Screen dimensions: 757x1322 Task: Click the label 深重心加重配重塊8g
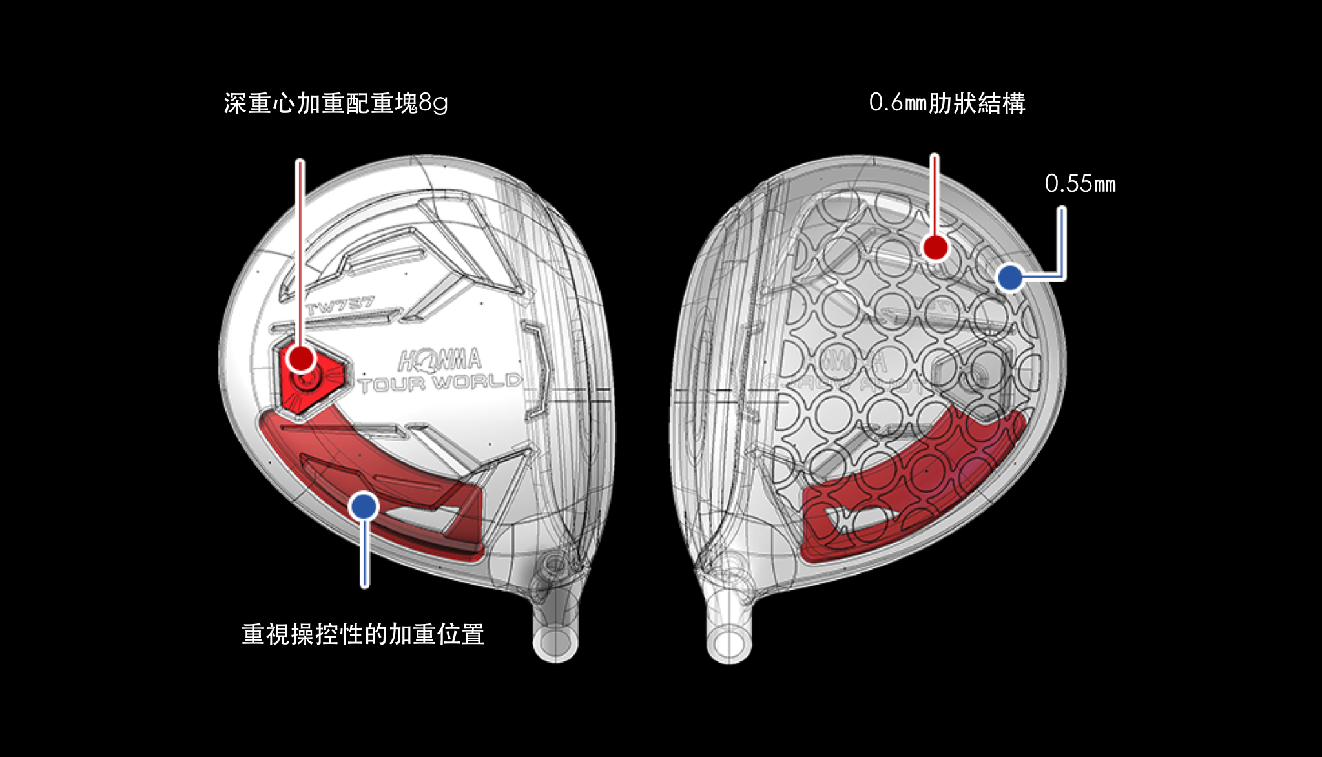click(x=335, y=103)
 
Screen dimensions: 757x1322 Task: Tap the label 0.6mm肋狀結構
click(x=947, y=103)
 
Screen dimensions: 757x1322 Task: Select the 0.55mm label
click(x=1080, y=184)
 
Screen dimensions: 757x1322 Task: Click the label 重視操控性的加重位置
click(x=363, y=634)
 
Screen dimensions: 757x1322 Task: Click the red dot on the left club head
click(x=301, y=358)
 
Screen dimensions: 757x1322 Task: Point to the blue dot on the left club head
click(x=364, y=506)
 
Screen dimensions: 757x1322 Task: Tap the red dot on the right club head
click(x=935, y=247)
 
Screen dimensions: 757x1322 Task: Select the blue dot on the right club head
click(x=1009, y=278)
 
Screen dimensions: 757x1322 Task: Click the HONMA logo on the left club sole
click(x=440, y=360)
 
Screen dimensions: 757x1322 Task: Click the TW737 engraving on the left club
click(x=340, y=304)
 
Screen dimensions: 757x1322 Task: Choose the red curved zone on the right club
click(x=917, y=478)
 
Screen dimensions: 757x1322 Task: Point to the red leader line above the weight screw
click(x=300, y=252)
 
